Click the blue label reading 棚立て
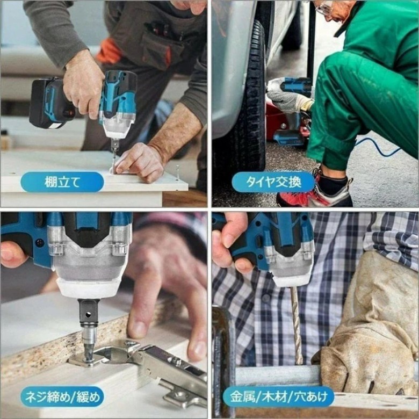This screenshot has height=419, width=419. click(62, 182)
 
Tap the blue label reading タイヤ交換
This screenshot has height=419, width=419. click(273, 182)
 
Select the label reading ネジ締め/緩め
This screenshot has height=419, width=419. click(62, 396)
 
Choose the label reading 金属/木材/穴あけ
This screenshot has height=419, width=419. click(278, 396)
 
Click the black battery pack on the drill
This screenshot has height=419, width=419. click(49, 103)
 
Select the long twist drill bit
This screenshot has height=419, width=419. click(296, 324)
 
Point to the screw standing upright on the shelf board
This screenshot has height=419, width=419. click(177, 172)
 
